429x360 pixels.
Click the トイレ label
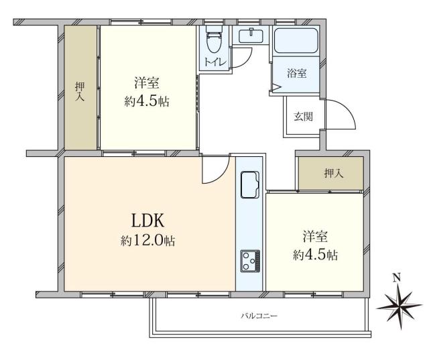(215, 63)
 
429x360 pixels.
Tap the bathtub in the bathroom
(299, 42)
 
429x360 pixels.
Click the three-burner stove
(250, 261)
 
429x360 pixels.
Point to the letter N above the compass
(396, 278)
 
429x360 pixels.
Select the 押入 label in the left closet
(80, 91)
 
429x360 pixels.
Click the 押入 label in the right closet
(333, 173)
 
